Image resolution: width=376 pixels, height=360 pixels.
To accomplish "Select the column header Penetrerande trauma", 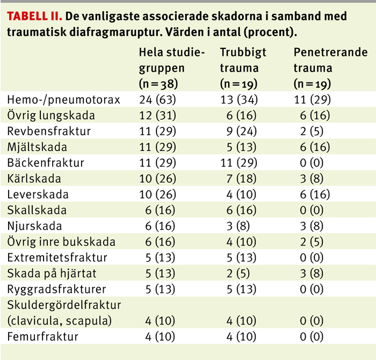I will pyautogui.click(x=330, y=60).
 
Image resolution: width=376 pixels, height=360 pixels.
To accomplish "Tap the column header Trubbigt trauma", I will pyautogui.click(x=243, y=60).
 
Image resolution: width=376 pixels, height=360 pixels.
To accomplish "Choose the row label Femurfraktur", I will pyautogui.click(x=42, y=337).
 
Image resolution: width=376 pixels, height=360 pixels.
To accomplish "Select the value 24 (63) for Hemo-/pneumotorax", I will pyautogui.click(x=157, y=99).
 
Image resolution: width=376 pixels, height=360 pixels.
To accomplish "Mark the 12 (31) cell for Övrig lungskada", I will pyautogui.click(x=157, y=115).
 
